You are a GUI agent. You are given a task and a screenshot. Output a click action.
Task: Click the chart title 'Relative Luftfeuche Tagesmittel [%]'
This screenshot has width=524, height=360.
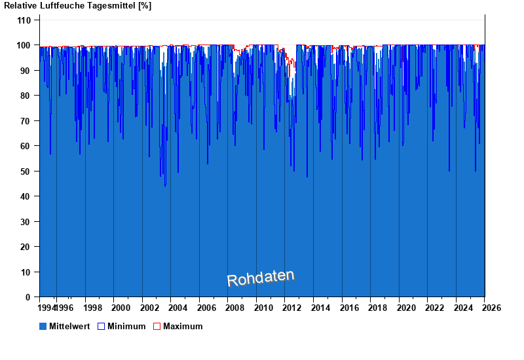77,6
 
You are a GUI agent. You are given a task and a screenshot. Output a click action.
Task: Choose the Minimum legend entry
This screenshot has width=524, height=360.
126,326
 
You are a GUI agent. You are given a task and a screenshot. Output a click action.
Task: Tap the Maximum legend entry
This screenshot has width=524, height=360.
182,326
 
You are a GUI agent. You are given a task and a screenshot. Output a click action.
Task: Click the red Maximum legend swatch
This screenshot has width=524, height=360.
157,326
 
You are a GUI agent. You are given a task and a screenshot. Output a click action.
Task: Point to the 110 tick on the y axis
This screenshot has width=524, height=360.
24,20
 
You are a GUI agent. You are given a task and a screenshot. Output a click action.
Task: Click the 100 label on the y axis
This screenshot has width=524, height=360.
24,45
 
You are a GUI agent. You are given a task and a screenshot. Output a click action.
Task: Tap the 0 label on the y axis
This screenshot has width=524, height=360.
28,297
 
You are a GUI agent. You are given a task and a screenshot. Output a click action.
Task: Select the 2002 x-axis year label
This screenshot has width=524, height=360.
149,308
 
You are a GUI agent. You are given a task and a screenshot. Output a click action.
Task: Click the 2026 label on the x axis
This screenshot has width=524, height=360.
492,308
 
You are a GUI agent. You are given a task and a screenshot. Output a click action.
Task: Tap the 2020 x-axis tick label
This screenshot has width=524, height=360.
406,308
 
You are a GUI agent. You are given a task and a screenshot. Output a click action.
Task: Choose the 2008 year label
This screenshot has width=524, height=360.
235,308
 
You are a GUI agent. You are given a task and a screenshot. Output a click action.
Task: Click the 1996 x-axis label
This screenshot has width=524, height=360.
64,308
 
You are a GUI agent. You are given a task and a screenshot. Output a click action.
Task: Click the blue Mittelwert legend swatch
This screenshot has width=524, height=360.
43,326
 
